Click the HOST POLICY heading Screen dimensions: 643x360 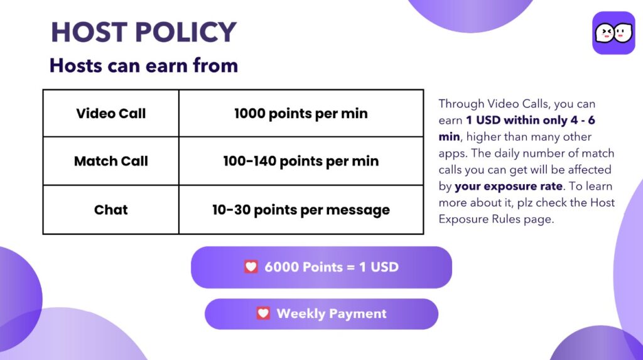click(x=144, y=32)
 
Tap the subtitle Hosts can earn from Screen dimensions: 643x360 click(x=144, y=66)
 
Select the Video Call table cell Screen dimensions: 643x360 click(x=111, y=113)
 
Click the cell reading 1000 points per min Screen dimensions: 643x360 click(x=301, y=113)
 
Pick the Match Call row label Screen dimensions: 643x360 click(x=111, y=161)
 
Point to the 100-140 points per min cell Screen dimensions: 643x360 click(x=301, y=161)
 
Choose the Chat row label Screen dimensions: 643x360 click(x=111, y=210)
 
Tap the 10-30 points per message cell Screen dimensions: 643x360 click(x=301, y=210)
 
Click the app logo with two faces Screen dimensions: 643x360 click(x=613, y=33)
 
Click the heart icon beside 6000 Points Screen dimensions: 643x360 click(x=251, y=267)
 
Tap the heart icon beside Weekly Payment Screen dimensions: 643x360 click(x=263, y=314)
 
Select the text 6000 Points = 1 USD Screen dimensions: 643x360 click(x=332, y=267)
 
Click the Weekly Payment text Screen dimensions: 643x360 click(x=332, y=314)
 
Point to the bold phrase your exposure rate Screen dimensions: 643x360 click(x=509, y=186)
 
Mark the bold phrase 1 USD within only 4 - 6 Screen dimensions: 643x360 click(x=530, y=120)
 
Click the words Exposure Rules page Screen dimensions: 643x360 click(x=496, y=219)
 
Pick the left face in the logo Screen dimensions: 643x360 click(x=605, y=33)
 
